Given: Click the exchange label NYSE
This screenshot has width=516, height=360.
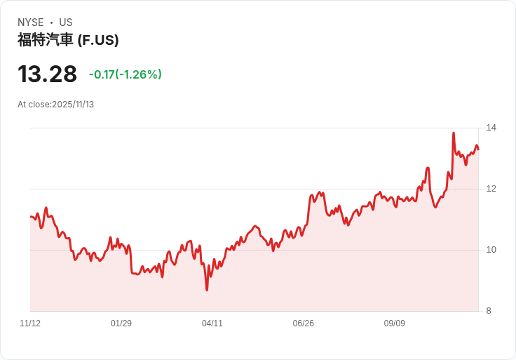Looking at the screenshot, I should pyautogui.click(x=31, y=22).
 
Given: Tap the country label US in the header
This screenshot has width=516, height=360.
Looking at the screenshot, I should pyautogui.click(x=66, y=22).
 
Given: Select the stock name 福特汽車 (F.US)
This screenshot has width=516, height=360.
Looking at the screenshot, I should pyautogui.click(x=68, y=40).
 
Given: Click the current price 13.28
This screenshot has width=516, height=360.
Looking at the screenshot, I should pyautogui.click(x=47, y=74).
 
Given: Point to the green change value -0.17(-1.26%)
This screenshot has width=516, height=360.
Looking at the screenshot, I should pyautogui.click(x=125, y=74).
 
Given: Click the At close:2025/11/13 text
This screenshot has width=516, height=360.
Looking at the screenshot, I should pyautogui.click(x=56, y=105).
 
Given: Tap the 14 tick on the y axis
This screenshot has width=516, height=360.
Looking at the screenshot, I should pyautogui.click(x=491, y=128).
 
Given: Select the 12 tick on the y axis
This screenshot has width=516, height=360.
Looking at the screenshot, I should pyautogui.click(x=491, y=189).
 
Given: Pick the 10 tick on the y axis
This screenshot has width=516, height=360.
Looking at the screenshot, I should pyautogui.click(x=491, y=250).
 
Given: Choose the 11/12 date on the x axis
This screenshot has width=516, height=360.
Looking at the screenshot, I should pyautogui.click(x=30, y=324).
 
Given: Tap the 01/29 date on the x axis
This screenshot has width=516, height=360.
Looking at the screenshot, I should pyautogui.click(x=121, y=324).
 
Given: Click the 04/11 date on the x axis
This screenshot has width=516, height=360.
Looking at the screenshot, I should pyautogui.click(x=212, y=324).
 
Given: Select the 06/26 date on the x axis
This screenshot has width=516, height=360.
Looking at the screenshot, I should pyautogui.click(x=304, y=324).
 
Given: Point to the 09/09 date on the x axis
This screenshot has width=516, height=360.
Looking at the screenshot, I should pyautogui.click(x=395, y=324).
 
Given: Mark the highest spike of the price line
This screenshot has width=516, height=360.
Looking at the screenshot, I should pyautogui.click(x=454, y=133).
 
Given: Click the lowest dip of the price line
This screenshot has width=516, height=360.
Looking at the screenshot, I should pyautogui.click(x=207, y=290).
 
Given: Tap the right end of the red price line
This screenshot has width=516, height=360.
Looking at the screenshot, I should pyautogui.click(x=478, y=149).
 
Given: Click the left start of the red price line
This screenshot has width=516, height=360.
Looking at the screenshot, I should pyautogui.click(x=31, y=216).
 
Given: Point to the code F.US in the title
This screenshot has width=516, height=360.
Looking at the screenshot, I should pyautogui.click(x=98, y=40).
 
